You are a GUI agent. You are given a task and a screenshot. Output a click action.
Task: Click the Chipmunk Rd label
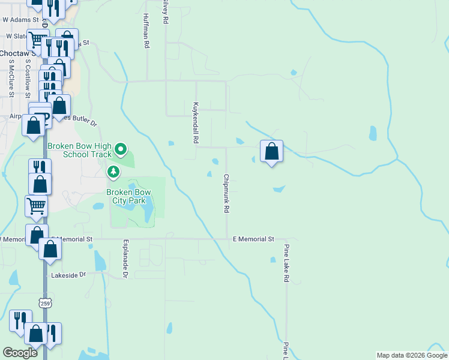click(227, 194)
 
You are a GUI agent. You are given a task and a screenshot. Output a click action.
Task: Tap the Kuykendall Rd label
click(195, 122)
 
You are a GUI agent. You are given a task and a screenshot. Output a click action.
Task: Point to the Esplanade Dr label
click(126, 259)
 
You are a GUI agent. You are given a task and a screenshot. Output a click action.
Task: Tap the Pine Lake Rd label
click(287, 263)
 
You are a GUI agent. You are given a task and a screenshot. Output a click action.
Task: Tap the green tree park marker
click(113, 173)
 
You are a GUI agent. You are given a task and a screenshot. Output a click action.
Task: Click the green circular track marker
click(121, 148)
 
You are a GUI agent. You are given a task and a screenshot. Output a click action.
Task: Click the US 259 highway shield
click(45, 303)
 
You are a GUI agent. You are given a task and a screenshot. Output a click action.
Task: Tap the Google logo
click(20, 353)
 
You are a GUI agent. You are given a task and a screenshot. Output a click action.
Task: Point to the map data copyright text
click(412, 355)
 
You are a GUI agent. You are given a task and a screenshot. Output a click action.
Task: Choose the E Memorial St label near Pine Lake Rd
click(253, 239)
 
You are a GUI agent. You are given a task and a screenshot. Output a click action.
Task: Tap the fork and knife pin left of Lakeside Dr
click(22, 321)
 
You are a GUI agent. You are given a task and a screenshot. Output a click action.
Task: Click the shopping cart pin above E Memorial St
click(36, 206)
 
